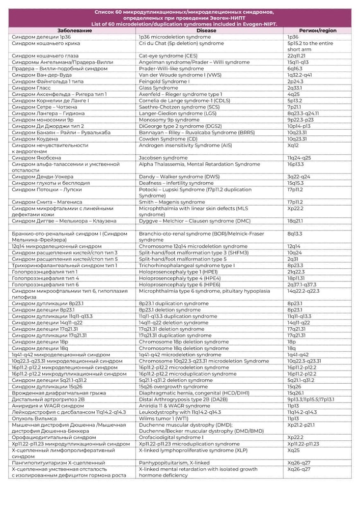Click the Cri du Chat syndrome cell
coord(181,44)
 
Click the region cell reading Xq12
coord(293,145)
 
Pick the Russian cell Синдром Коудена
coord(35,138)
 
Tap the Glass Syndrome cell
coord(159,88)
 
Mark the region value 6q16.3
coord(295,69)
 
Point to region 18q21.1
coord(295,221)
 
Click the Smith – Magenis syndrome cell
coord(172,202)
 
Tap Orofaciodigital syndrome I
coord(172,437)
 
